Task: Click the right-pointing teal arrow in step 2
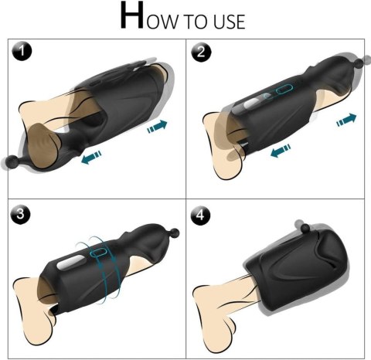[347, 119]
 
